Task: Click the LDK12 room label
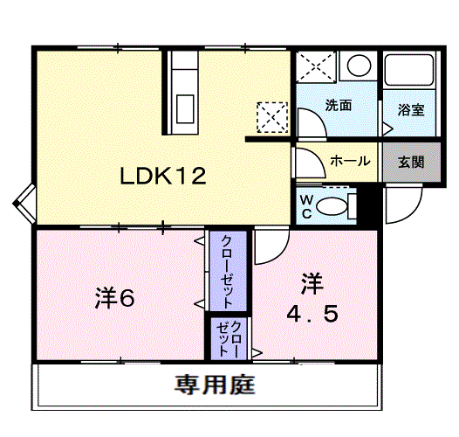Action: coord(163,176)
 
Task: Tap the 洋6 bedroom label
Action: coord(114,299)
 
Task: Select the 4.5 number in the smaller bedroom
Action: coord(312,314)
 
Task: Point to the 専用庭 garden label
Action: coord(215,385)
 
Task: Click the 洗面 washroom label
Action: coord(339,105)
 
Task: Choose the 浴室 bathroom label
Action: coord(411,110)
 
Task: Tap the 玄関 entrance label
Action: coord(411,162)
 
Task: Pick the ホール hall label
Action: coord(351,161)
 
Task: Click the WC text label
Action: coord(306,208)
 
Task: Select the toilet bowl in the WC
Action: coord(332,206)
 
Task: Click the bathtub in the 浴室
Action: coord(409,70)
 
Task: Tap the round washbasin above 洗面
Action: coord(359,66)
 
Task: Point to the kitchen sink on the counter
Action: coord(185,108)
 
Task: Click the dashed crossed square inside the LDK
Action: coord(272,117)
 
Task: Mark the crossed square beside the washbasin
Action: coord(316,67)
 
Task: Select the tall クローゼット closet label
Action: coord(229,271)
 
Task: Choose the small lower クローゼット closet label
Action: coord(229,339)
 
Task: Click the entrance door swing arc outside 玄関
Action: coord(411,212)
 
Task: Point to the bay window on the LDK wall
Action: coord(24,204)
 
